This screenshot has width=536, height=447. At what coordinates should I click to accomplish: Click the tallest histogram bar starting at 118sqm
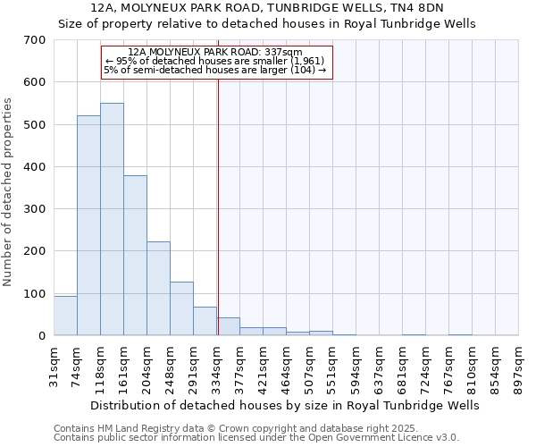point(112,219)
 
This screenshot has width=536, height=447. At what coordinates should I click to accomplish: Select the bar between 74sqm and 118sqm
point(88,225)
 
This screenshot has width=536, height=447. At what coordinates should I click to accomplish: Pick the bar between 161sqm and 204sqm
point(135,256)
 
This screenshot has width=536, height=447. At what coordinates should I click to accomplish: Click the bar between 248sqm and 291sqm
point(181,308)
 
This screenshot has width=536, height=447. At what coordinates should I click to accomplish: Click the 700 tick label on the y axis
point(35,40)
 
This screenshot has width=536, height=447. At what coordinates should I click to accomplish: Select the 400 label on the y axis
point(35,167)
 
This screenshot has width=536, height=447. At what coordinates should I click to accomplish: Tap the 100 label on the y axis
point(35,294)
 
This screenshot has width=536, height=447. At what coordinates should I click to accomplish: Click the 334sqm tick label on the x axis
point(217,363)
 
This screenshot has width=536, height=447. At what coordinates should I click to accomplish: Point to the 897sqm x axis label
point(520,363)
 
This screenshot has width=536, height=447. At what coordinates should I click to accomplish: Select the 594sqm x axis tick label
point(356,363)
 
